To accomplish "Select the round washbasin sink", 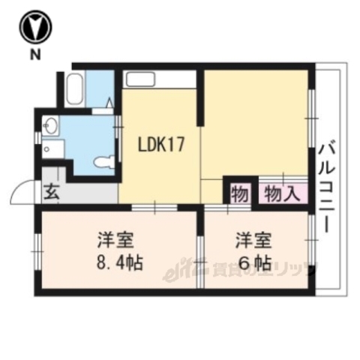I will [50, 127].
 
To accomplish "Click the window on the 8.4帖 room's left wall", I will [37, 247].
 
